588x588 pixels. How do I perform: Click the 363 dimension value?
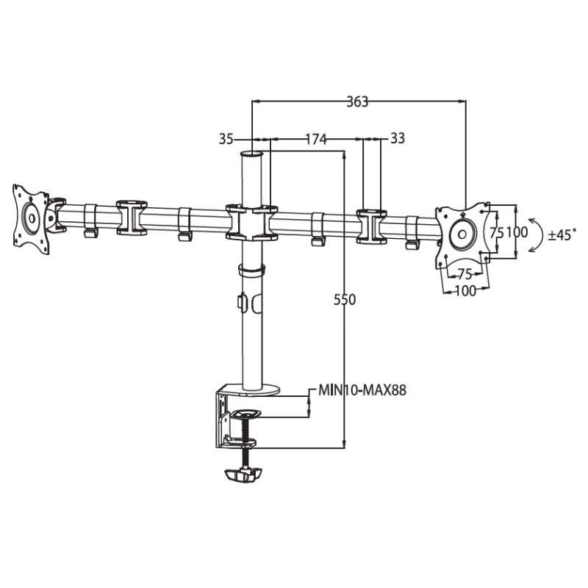coord(357,101)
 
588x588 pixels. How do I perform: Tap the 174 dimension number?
coord(316,139)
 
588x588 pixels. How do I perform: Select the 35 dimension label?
coord(226,139)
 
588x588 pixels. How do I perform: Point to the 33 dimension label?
coord(398,138)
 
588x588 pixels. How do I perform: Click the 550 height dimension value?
coord(345,300)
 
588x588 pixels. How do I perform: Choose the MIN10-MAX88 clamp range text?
coord(362,390)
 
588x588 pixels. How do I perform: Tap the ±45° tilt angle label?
coord(562,235)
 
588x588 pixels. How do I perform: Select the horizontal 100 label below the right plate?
coord(465,290)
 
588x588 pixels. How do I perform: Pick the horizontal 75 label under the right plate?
coord(465,274)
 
